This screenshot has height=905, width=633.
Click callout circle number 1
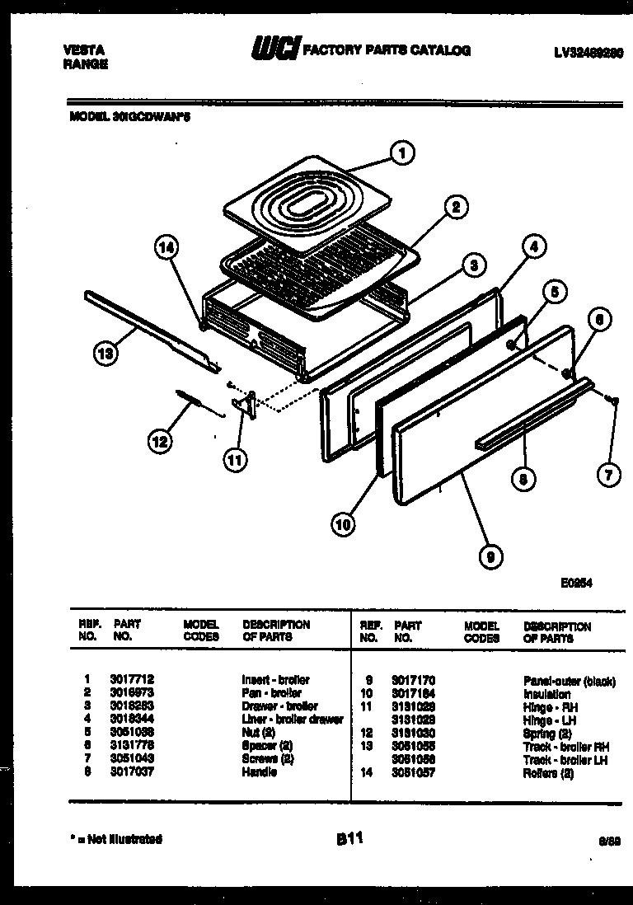(402, 152)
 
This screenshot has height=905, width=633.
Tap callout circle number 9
(490, 558)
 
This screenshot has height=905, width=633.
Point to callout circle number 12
(160, 442)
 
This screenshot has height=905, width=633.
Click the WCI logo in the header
(276, 51)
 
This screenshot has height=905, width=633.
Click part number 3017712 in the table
(128, 680)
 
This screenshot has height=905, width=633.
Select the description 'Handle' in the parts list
(260, 772)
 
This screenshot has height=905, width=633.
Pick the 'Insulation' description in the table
(546, 694)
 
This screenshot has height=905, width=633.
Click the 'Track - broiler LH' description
(565, 759)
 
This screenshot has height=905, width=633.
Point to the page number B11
(349, 839)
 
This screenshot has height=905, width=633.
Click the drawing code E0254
(577, 583)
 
